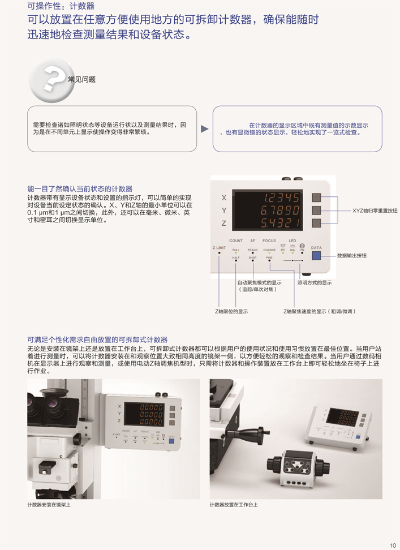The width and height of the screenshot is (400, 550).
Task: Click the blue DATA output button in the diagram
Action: coord(316,256)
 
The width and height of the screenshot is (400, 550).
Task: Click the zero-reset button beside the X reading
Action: coord(316,197)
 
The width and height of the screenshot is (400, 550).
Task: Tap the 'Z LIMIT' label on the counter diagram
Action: coord(219,248)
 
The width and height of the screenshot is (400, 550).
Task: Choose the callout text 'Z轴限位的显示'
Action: coord(231,311)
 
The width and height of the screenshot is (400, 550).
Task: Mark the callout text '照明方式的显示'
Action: coord(315,282)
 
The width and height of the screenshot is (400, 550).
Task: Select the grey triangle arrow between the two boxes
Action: coord(205,129)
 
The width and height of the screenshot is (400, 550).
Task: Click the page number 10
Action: coord(393,545)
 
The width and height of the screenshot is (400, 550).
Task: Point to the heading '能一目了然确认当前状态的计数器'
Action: coord(80,188)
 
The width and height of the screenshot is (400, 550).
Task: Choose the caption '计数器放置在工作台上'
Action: coord(234,504)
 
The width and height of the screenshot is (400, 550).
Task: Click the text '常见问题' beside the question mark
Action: coord(82,80)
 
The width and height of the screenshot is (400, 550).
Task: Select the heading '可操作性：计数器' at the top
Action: coord(61,6)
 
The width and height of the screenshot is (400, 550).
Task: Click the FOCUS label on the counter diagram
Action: coord(269,241)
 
